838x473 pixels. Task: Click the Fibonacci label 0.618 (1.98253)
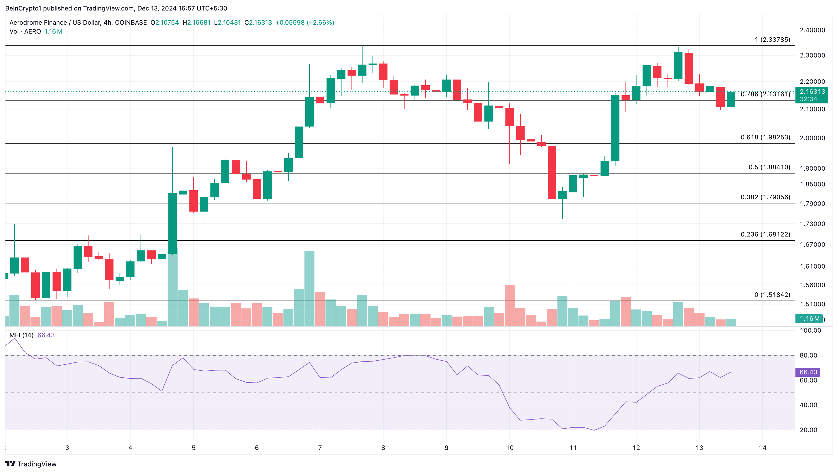coord(765,137)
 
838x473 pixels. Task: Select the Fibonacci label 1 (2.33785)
coord(772,40)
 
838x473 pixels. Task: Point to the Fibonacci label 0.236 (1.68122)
coord(765,234)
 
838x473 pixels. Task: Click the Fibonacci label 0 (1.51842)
coord(772,295)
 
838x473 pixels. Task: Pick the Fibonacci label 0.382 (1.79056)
coord(765,197)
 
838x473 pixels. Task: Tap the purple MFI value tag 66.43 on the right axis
coord(808,372)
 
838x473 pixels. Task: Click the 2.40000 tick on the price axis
coord(812,30)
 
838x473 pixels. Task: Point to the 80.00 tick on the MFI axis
coord(808,355)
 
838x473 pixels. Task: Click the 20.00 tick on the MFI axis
coord(808,430)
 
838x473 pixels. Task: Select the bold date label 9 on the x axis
coord(446,448)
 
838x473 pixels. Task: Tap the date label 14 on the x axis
coord(763,448)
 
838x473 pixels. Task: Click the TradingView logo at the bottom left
coord(31,464)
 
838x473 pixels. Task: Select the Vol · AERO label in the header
coord(25,31)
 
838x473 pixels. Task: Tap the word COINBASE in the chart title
coord(131,22)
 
